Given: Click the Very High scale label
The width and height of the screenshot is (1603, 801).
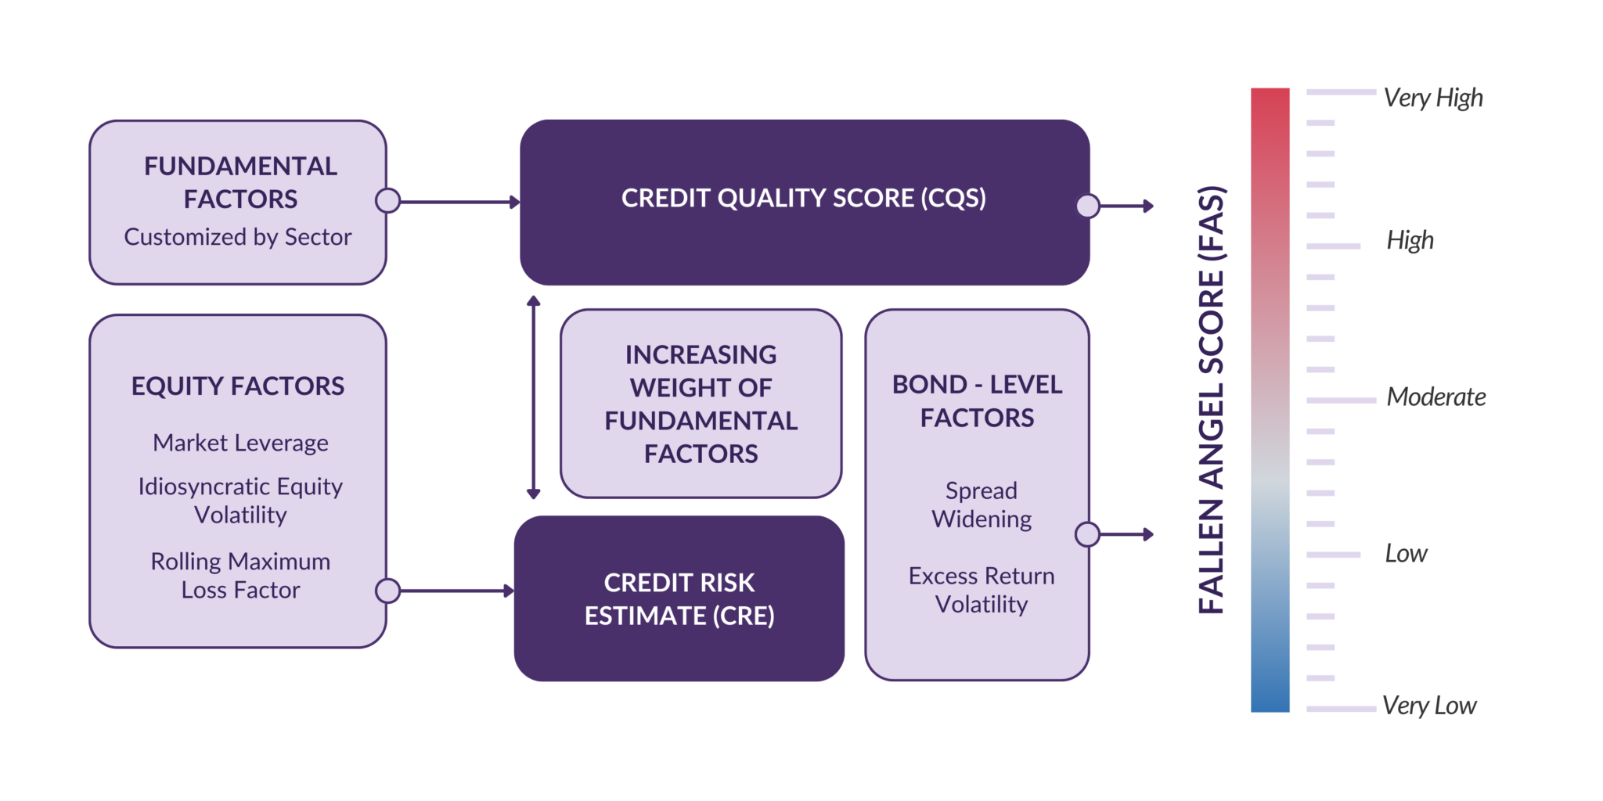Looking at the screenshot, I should pyautogui.click(x=1432, y=98).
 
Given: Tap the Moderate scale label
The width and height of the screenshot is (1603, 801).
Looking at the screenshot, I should pyautogui.click(x=1435, y=397).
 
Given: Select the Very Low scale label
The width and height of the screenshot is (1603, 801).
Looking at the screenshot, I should pyautogui.click(x=1428, y=706).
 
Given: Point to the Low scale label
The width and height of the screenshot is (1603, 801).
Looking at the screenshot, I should pyautogui.click(x=1406, y=554).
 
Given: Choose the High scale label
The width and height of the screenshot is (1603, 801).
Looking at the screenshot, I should pyautogui.click(x=1410, y=240).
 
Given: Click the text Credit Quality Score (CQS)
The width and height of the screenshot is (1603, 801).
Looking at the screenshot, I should pyautogui.click(x=804, y=198).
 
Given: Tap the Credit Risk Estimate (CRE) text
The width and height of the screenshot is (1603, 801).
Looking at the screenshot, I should pyautogui.click(x=679, y=599).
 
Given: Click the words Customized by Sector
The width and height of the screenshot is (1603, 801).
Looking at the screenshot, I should pyautogui.click(x=238, y=237).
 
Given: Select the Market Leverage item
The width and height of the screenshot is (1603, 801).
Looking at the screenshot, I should pyautogui.click(x=240, y=443).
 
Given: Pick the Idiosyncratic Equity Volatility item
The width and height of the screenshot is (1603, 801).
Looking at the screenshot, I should pyautogui.click(x=240, y=501).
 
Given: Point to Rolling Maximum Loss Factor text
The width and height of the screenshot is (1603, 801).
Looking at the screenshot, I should pyautogui.click(x=240, y=576).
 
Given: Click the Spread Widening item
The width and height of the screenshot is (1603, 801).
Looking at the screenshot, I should pyautogui.click(x=981, y=505).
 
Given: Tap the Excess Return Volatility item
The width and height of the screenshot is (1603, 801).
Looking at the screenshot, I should pyautogui.click(x=981, y=590).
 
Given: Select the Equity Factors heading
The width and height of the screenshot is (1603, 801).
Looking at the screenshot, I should pyautogui.click(x=238, y=386).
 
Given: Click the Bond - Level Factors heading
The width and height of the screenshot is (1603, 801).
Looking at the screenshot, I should pyautogui.click(x=977, y=401).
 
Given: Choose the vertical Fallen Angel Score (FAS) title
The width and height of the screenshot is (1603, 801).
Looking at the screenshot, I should pyautogui.click(x=1211, y=400).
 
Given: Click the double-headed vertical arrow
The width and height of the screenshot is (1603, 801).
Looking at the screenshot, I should pyautogui.click(x=534, y=397).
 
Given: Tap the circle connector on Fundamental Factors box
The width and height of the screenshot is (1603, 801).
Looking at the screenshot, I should pyautogui.click(x=387, y=201).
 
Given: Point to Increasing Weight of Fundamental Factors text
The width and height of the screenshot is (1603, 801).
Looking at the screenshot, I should pyautogui.click(x=701, y=404).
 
